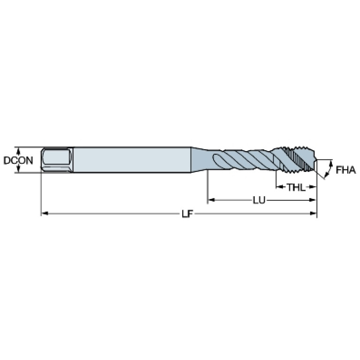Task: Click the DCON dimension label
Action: tap(18, 160)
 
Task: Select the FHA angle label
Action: tap(346, 170)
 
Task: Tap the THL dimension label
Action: tap(296, 187)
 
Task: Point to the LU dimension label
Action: tap(259, 200)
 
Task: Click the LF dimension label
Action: tap(187, 214)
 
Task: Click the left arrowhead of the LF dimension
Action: tap(45, 214)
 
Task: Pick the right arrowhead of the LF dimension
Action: tap(313, 214)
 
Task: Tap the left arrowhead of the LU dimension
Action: tap(211, 200)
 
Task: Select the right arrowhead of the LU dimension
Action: tap(313, 200)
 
